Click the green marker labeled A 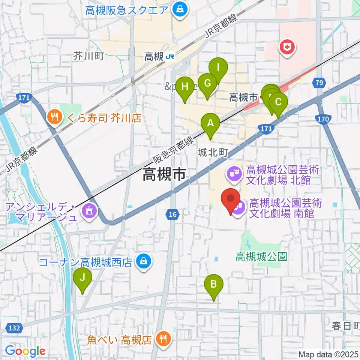point(210,123)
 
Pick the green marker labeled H point(184,87)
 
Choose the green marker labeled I point(218,68)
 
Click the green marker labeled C point(278,102)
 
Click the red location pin point(231,199)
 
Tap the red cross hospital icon point(287,48)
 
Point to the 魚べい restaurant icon point(163,339)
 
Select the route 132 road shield point(13,328)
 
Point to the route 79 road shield point(319,82)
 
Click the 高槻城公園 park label point(261,256)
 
